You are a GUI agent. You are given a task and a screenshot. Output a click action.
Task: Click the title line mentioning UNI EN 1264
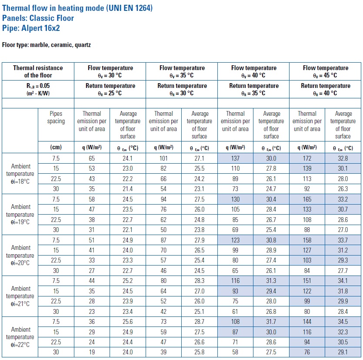(x=77, y=8)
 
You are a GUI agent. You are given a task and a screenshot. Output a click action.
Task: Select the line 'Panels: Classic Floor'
(x=38, y=18)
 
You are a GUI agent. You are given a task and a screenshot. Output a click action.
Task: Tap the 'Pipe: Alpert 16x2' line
(x=31, y=28)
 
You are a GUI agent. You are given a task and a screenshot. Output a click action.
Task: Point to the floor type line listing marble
(x=47, y=45)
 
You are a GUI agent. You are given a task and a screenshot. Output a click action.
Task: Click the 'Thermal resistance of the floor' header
(x=38, y=71)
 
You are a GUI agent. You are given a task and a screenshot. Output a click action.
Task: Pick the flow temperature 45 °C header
(x=325, y=71)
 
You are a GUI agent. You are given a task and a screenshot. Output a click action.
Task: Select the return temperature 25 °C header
(x=110, y=89)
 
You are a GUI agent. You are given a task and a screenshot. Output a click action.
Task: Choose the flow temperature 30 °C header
(x=110, y=71)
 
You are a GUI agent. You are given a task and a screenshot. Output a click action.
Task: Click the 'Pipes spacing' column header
(x=56, y=117)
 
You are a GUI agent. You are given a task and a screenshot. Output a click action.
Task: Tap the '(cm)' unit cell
(x=56, y=147)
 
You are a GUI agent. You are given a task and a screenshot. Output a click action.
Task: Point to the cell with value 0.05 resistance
(x=38, y=89)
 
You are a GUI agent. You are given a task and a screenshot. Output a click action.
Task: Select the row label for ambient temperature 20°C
(x=20, y=255)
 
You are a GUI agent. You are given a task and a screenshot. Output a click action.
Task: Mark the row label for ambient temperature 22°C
(x=20, y=337)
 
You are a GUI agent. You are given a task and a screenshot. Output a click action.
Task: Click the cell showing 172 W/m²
(x=307, y=158)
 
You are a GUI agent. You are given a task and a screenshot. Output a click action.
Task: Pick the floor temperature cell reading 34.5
(x=343, y=322)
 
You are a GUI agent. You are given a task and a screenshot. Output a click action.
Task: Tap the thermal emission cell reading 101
(x=163, y=158)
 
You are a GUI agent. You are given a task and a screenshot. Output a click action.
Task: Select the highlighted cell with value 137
(x=236, y=158)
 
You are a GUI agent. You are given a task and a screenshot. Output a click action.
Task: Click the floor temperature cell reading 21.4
(x=127, y=189)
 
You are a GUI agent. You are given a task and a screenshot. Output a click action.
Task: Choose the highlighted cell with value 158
(x=307, y=240)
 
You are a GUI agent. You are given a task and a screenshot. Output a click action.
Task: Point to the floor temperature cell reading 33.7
(x=343, y=240)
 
